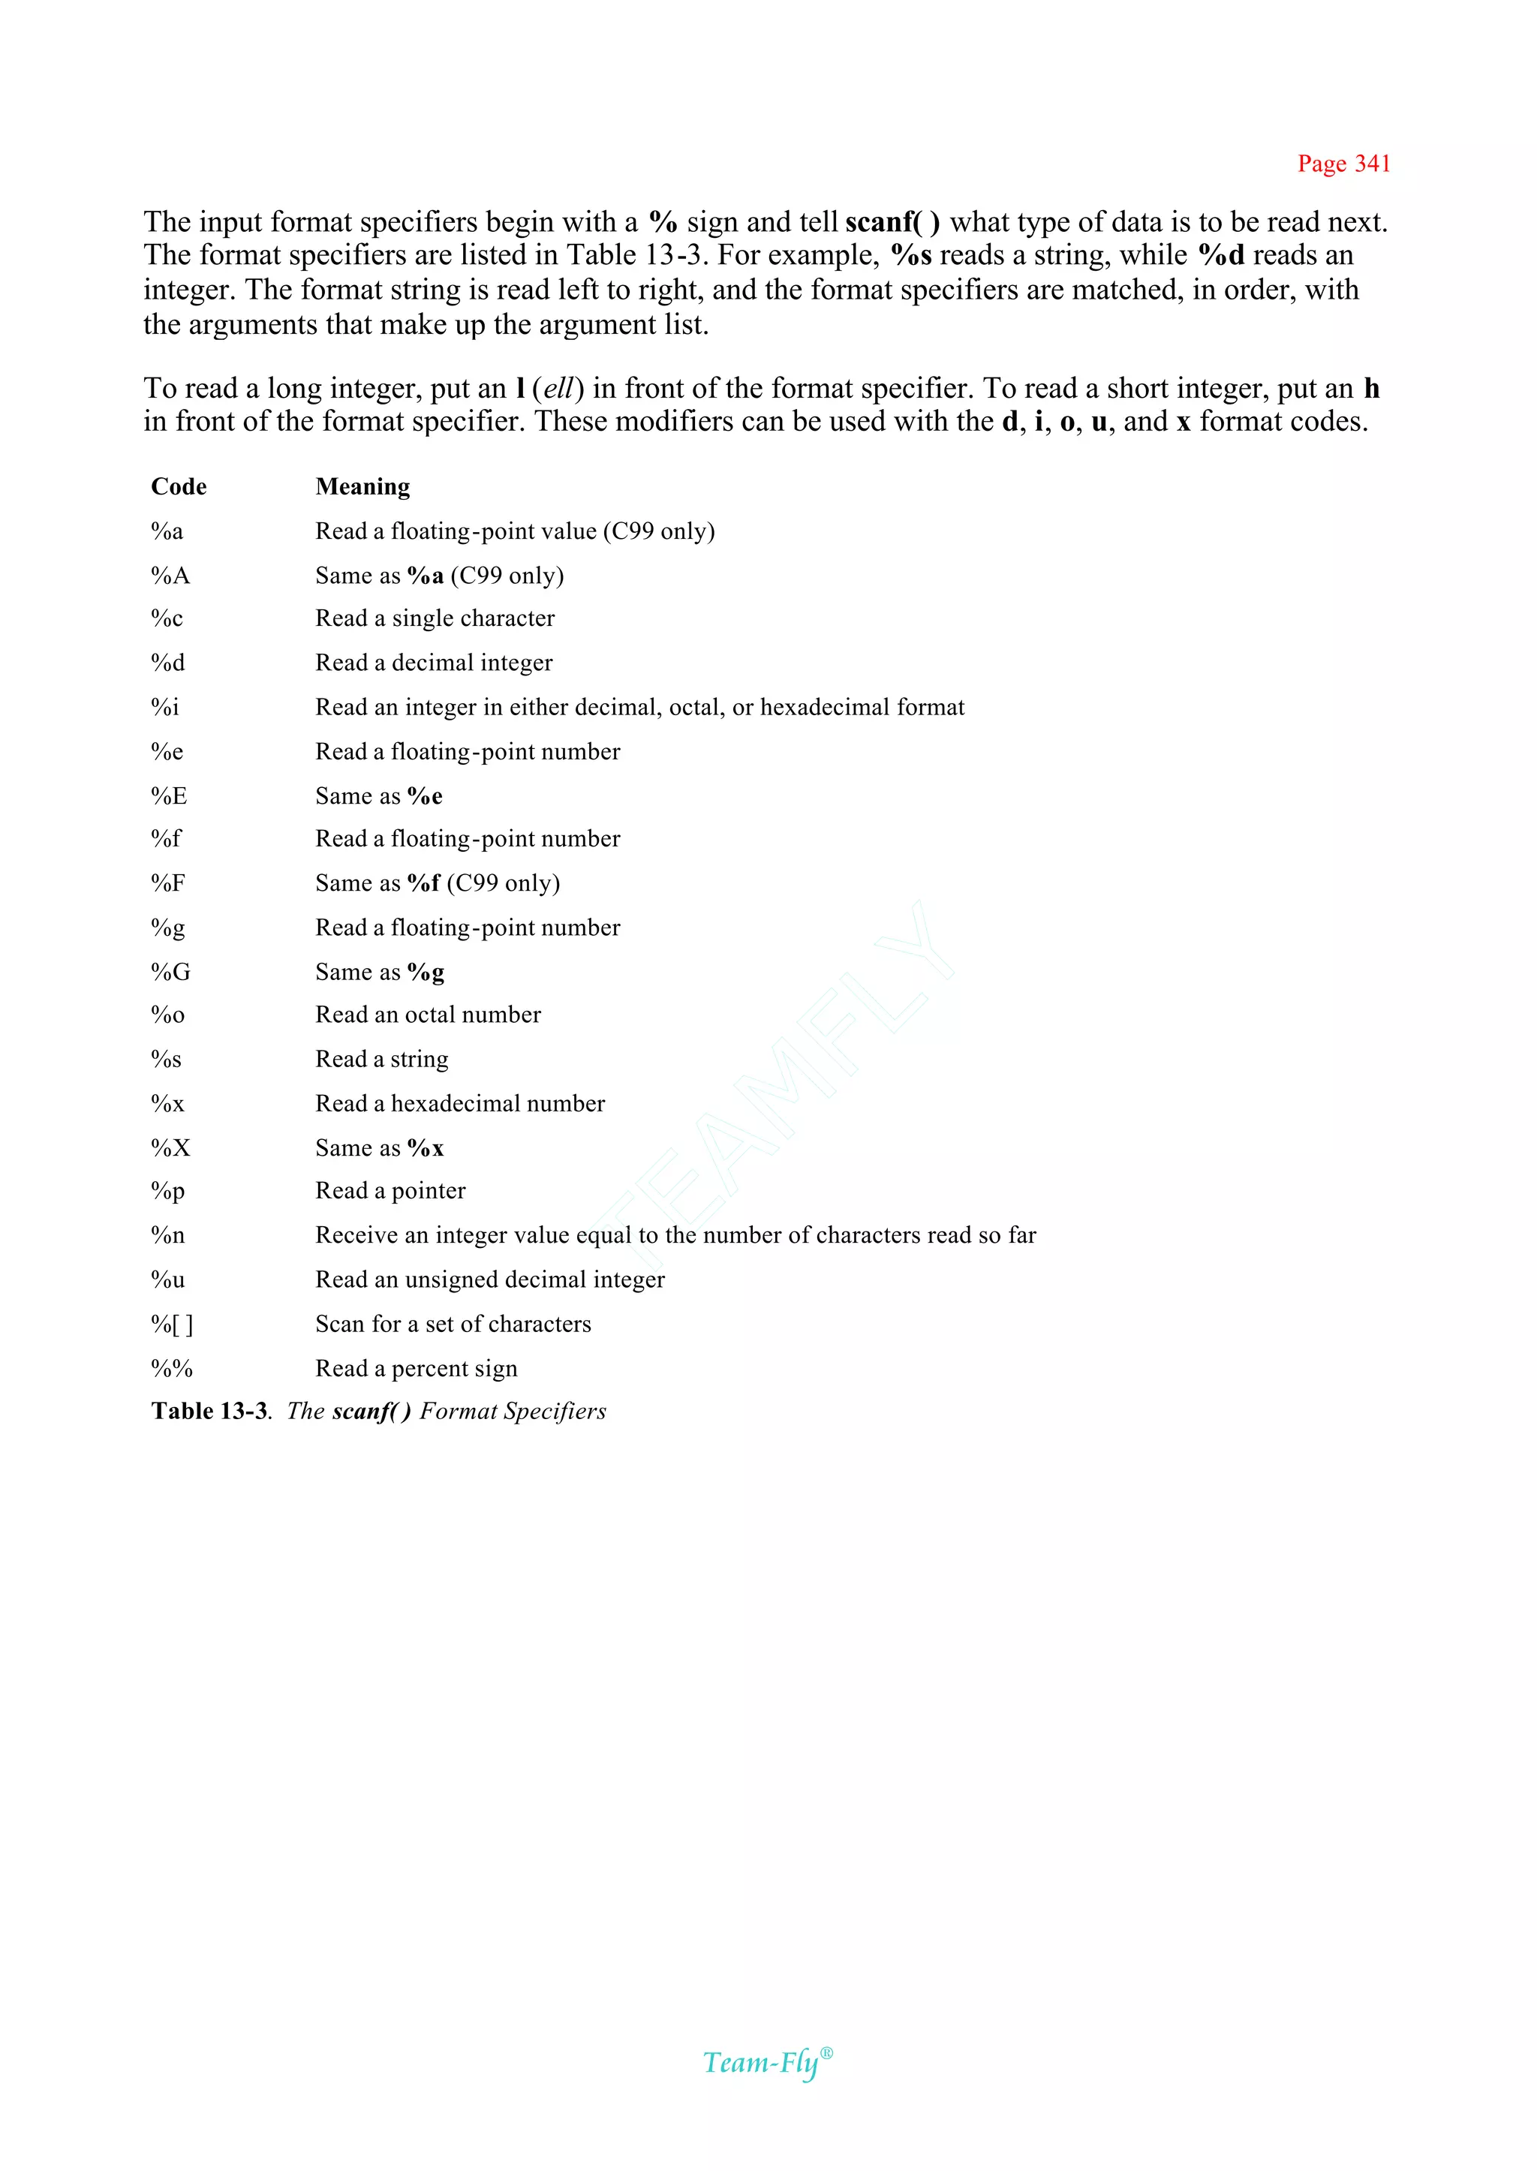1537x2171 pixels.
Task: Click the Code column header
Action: pos(179,486)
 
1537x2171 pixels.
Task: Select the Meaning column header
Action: pos(362,486)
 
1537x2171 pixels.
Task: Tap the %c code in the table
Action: pos(167,618)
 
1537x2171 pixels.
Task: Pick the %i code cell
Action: pos(164,707)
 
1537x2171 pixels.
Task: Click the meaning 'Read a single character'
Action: pos(435,618)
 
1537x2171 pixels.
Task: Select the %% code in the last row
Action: pos(171,1369)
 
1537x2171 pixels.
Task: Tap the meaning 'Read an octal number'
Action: pos(428,1015)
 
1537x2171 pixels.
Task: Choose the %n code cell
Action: pos(167,1235)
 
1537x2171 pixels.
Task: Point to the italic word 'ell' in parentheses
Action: pos(558,389)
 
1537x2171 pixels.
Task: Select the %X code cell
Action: pos(170,1148)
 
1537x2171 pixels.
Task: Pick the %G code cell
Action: pos(170,972)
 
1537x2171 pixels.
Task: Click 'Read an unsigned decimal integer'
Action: pos(489,1279)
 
